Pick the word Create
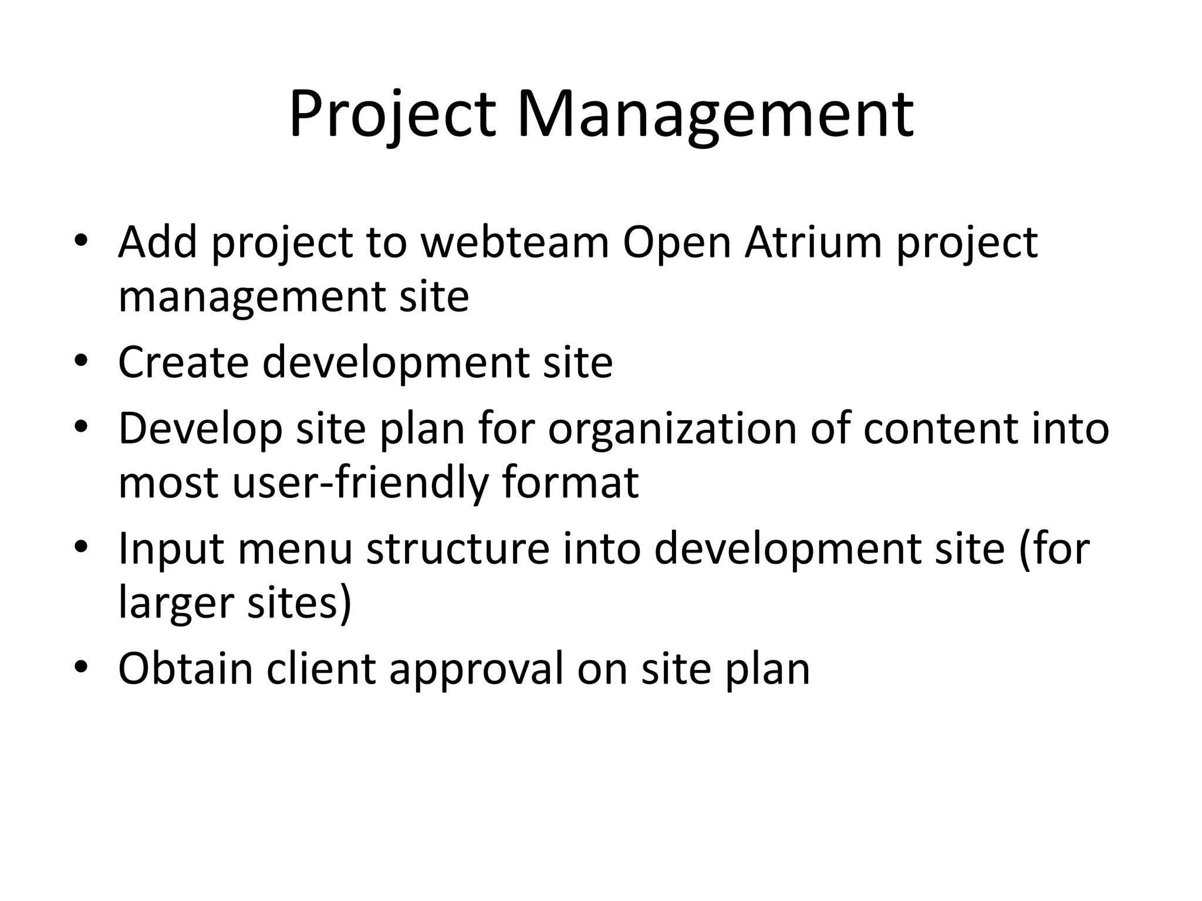click(183, 362)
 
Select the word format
click(570, 483)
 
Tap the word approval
click(476, 669)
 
